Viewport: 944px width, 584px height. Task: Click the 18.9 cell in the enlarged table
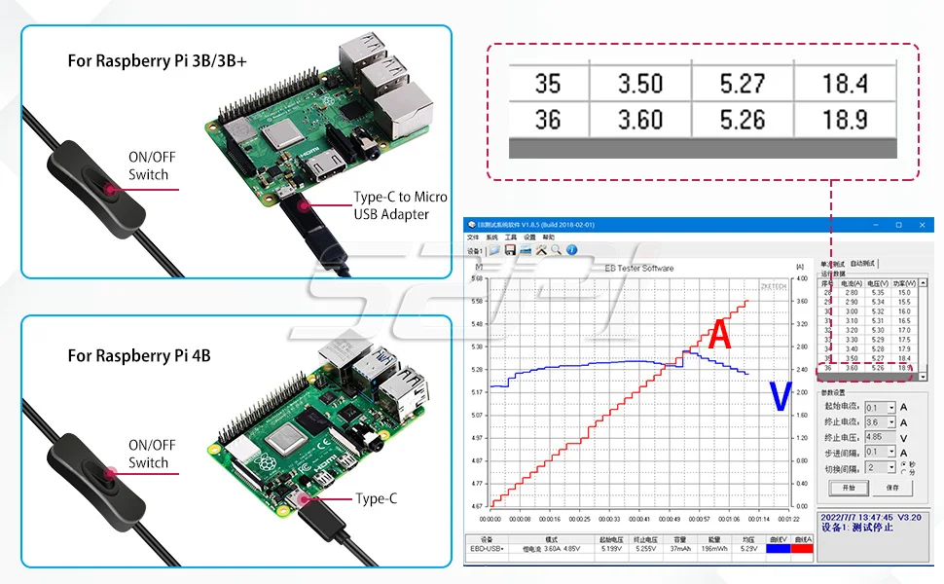[844, 120]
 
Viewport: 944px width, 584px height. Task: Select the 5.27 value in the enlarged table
[742, 84]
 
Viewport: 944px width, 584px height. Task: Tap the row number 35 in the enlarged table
[548, 84]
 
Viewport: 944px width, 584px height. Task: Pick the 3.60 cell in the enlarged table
[639, 120]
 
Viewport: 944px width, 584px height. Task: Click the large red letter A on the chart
[719, 335]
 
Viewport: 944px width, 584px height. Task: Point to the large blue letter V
[780, 396]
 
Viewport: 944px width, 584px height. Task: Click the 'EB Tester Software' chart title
[638, 268]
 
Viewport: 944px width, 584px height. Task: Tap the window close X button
[925, 225]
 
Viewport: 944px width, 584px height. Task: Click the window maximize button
[897, 225]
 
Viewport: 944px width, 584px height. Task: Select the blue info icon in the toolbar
[571, 250]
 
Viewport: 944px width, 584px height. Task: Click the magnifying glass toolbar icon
[556, 250]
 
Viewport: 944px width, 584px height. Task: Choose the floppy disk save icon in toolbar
[510, 250]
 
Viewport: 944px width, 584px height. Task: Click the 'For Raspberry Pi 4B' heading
[138, 355]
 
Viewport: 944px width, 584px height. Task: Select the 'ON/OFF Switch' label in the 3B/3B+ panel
[148, 166]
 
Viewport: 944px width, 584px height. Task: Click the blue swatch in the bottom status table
[777, 549]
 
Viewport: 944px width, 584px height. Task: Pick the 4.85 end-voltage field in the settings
[880, 437]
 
